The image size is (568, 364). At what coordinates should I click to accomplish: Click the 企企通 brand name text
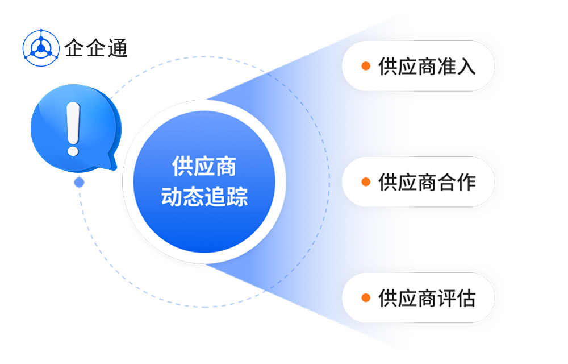click(x=96, y=48)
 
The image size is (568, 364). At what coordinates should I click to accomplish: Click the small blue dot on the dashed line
click(x=79, y=182)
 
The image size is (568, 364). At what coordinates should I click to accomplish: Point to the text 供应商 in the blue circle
click(x=204, y=167)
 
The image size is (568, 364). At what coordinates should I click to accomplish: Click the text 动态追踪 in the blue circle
click(x=204, y=197)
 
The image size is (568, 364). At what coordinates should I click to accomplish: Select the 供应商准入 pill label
click(x=418, y=66)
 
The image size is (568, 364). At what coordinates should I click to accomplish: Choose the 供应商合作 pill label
click(x=418, y=182)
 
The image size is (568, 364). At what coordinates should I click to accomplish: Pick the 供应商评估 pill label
click(x=418, y=297)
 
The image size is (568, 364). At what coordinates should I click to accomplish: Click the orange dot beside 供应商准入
click(x=366, y=66)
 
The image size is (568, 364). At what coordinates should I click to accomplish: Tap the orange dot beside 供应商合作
click(x=366, y=182)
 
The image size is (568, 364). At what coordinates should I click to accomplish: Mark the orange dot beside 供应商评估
click(x=366, y=297)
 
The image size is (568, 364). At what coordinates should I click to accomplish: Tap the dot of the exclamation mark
click(x=73, y=150)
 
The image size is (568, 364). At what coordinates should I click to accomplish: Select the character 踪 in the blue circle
click(x=236, y=197)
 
